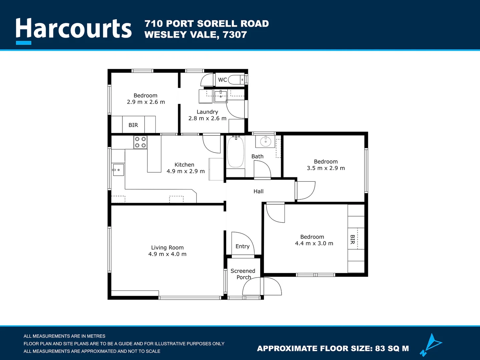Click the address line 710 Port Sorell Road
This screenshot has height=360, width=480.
pyautogui.click(x=206, y=24)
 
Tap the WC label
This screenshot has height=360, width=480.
pyautogui.click(x=222, y=80)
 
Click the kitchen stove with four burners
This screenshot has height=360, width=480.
pyautogui.click(x=140, y=142)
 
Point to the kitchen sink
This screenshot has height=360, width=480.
pyautogui.click(x=118, y=170)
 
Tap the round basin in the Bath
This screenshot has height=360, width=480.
pyautogui.click(x=266, y=142)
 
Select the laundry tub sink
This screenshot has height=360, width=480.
pyautogui.click(x=220, y=96)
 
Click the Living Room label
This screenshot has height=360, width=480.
pyautogui.click(x=167, y=248)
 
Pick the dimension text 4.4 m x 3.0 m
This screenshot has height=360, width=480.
pyautogui.click(x=314, y=243)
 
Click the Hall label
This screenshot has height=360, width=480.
pyautogui.click(x=258, y=191)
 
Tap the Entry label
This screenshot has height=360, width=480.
pyautogui.click(x=243, y=246)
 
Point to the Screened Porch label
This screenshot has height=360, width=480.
pyautogui.click(x=243, y=274)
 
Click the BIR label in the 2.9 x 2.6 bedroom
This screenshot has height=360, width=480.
pyautogui.click(x=133, y=125)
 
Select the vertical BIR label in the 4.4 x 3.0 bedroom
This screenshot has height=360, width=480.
pyautogui.click(x=353, y=239)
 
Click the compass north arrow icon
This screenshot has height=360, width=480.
pyautogui.click(x=431, y=345)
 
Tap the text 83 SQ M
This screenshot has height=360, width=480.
pyautogui.click(x=392, y=349)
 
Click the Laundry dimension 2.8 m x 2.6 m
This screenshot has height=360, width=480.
pyautogui.click(x=207, y=118)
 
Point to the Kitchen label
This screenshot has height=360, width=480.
pyautogui.click(x=184, y=165)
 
